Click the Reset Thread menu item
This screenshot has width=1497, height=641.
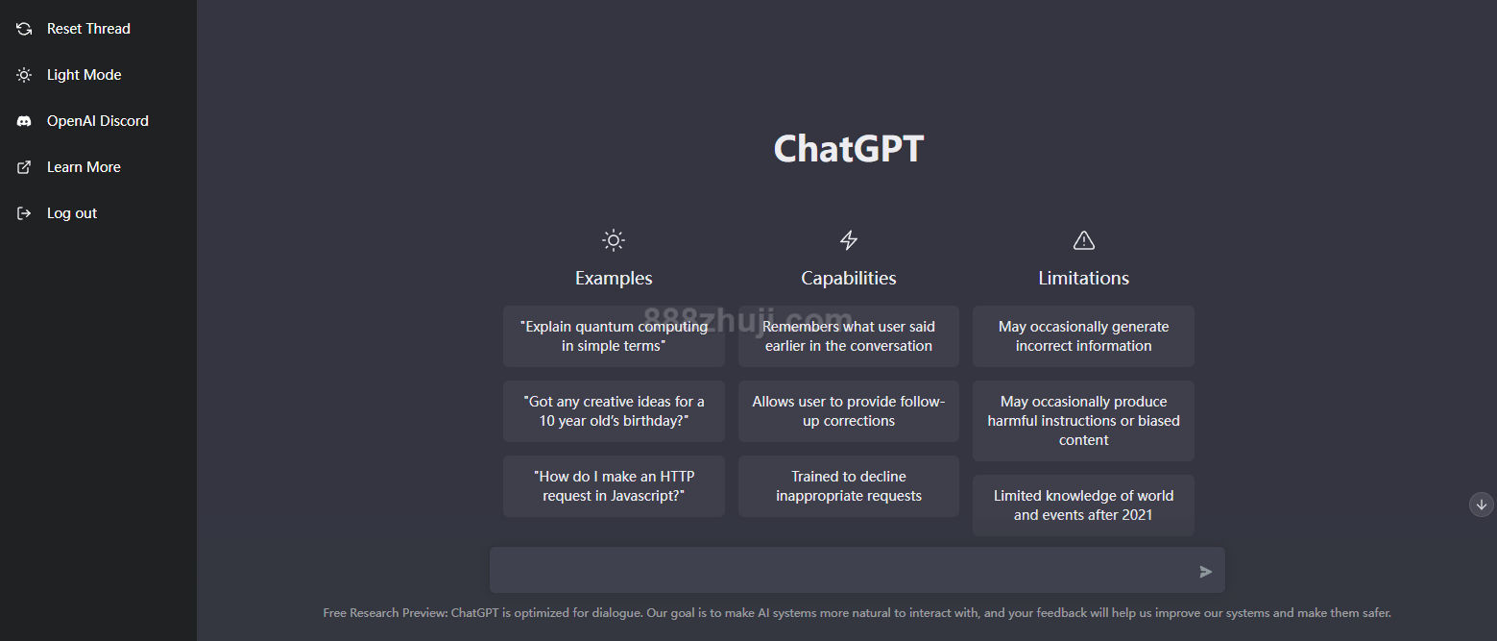(x=74, y=29)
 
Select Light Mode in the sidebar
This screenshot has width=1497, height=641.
(x=69, y=75)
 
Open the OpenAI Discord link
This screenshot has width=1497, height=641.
(x=83, y=121)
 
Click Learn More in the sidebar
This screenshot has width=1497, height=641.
(x=69, y=167)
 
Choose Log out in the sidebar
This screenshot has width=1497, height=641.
(x=57, y=213)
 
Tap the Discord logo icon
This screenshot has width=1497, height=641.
(x=24, y=121)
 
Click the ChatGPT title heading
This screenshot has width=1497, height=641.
(x=849, y=149)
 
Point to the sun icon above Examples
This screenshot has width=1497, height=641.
(x=614, y=240)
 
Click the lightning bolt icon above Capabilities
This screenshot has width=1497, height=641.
(x=849, y=239)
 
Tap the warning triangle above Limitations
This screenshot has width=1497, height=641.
(x=1083, y=240)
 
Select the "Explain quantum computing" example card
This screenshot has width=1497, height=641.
(x=614, y=336)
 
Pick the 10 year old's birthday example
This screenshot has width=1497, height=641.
(x=614, y=410)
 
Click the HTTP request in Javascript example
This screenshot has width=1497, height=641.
(x=614, y=485)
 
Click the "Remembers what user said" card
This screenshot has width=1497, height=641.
(x=849, y=336)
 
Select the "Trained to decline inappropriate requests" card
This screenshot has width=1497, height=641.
(x=849, y=485)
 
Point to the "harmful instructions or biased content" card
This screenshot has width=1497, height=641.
(x=1083, y=421)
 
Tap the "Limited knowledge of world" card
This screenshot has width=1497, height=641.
(x=1083, y=505)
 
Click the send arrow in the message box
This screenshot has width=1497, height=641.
(x=1206, y=572)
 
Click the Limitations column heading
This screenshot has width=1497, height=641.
(x=1083, y=279)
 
